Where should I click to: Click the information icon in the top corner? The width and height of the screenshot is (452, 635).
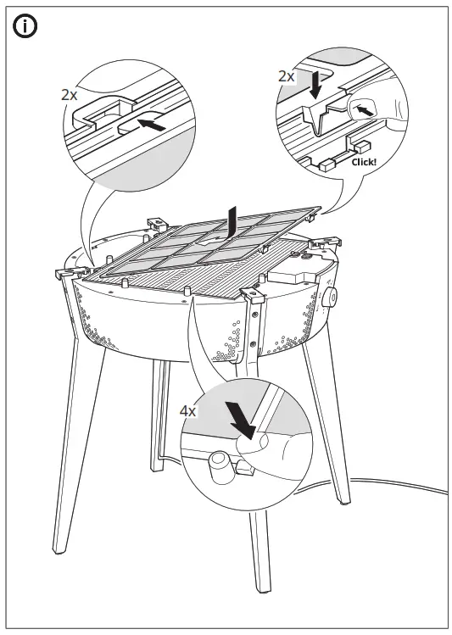(26, 26)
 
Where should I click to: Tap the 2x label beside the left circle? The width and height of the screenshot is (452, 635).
(70, 95)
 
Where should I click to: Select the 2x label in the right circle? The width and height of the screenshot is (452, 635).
(287, 75)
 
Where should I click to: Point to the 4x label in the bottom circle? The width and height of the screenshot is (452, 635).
(188, 410)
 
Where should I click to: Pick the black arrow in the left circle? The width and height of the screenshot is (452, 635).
(150, 124)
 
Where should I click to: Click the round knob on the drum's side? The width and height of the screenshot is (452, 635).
(327, 298)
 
